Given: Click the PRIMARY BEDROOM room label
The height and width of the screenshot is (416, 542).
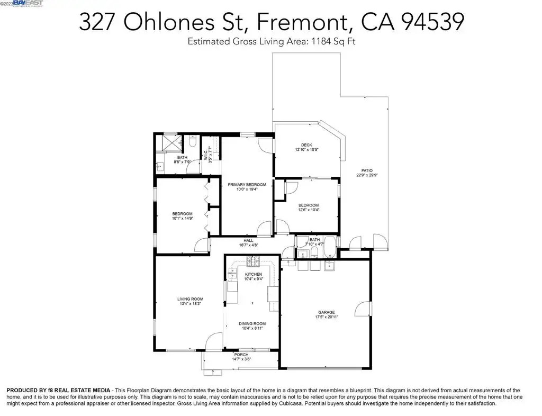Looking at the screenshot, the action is coord(247,185).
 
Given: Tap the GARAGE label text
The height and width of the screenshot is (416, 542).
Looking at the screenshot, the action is coord(326,312).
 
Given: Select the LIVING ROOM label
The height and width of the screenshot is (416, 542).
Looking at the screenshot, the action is coord(190,299).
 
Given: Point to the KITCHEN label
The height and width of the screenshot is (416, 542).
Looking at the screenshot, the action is coord(254,274).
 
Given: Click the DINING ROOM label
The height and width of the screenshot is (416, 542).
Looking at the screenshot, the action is coord(252,324).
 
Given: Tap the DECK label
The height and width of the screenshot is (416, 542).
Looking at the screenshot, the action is coord(306,145).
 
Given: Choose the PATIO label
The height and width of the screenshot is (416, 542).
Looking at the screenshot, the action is coord(367,170).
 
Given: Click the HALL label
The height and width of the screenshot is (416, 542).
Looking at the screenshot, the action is coord(248,240).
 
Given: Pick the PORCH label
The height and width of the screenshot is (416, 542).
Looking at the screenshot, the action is coord(241,355).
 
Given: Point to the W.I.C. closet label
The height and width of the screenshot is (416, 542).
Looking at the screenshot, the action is coord(205,155).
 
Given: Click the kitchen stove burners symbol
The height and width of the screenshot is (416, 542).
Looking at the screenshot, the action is coord(253,261).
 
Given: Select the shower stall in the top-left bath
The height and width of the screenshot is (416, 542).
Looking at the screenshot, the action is coord(169,143).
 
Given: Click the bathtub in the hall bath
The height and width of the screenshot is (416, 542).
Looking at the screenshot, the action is coord(330,247).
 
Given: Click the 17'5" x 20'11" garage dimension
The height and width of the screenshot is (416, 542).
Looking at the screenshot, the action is coord(326,317).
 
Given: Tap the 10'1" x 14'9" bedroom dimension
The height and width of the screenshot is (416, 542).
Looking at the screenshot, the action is coord(182,219).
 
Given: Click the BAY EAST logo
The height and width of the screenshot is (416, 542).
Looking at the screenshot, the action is coord(28,3).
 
